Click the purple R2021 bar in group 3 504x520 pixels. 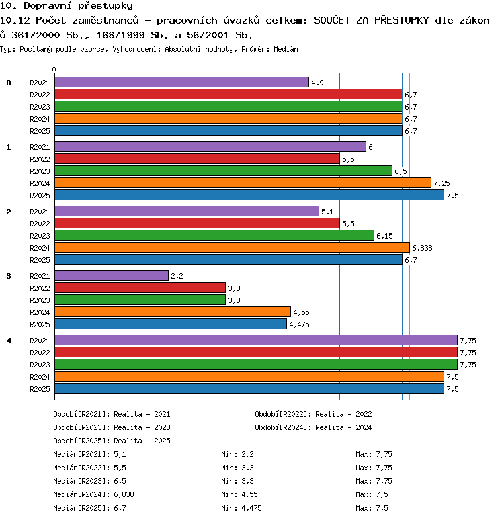click(x=112, y=275)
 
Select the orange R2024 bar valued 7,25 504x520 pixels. click(x=243, y=183)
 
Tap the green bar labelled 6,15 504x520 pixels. click(x=214, y=235)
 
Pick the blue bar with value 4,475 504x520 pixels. click(x=171, y=324)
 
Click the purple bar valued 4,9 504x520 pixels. click(x=182, y=82)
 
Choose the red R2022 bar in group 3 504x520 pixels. click(x=140, y=288)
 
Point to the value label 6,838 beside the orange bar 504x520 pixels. click(x=422, y=248)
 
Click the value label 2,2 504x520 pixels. click(x=177, y=276)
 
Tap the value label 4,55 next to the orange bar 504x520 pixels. click(x=301, y=312)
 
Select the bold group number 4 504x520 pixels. click(x=9, y=341)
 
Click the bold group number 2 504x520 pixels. click(x=9, y=212)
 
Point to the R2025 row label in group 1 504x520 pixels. click(x=40, y=196)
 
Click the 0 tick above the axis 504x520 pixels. click(x=54, y=69)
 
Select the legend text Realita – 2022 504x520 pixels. click(x=343, y=414)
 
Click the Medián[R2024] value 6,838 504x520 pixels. click(x=124, y=494)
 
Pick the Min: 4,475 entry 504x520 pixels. click(x=241, y=508)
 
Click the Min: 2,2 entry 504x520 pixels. click(x=238, y=454)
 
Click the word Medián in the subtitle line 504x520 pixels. click(x=286, y=50)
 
